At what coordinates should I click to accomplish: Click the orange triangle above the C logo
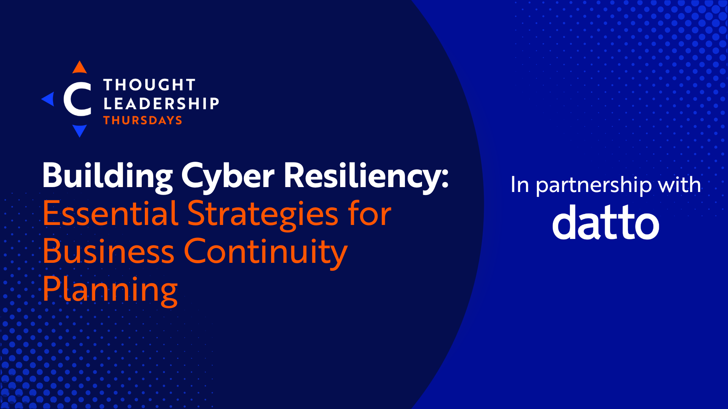coord(80,68)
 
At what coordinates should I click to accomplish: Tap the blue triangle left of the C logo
coord(49,99)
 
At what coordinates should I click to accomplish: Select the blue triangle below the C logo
coord(80,130)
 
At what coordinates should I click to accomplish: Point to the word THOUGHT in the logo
coord(149,85)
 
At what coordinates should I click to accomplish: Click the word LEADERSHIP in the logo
coord(162,103)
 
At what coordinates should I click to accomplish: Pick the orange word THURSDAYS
coord(143,120)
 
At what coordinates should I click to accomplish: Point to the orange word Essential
coord(110,214)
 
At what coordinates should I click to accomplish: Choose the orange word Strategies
coord(263,214)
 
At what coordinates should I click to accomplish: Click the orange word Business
coord(108,251)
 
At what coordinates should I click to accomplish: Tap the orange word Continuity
coord(265,252)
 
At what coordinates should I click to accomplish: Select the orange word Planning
coord(110,290)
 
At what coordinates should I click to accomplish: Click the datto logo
coord(606,223)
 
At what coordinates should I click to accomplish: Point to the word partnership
coord(594,186)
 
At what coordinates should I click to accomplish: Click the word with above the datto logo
coord(679,185)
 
